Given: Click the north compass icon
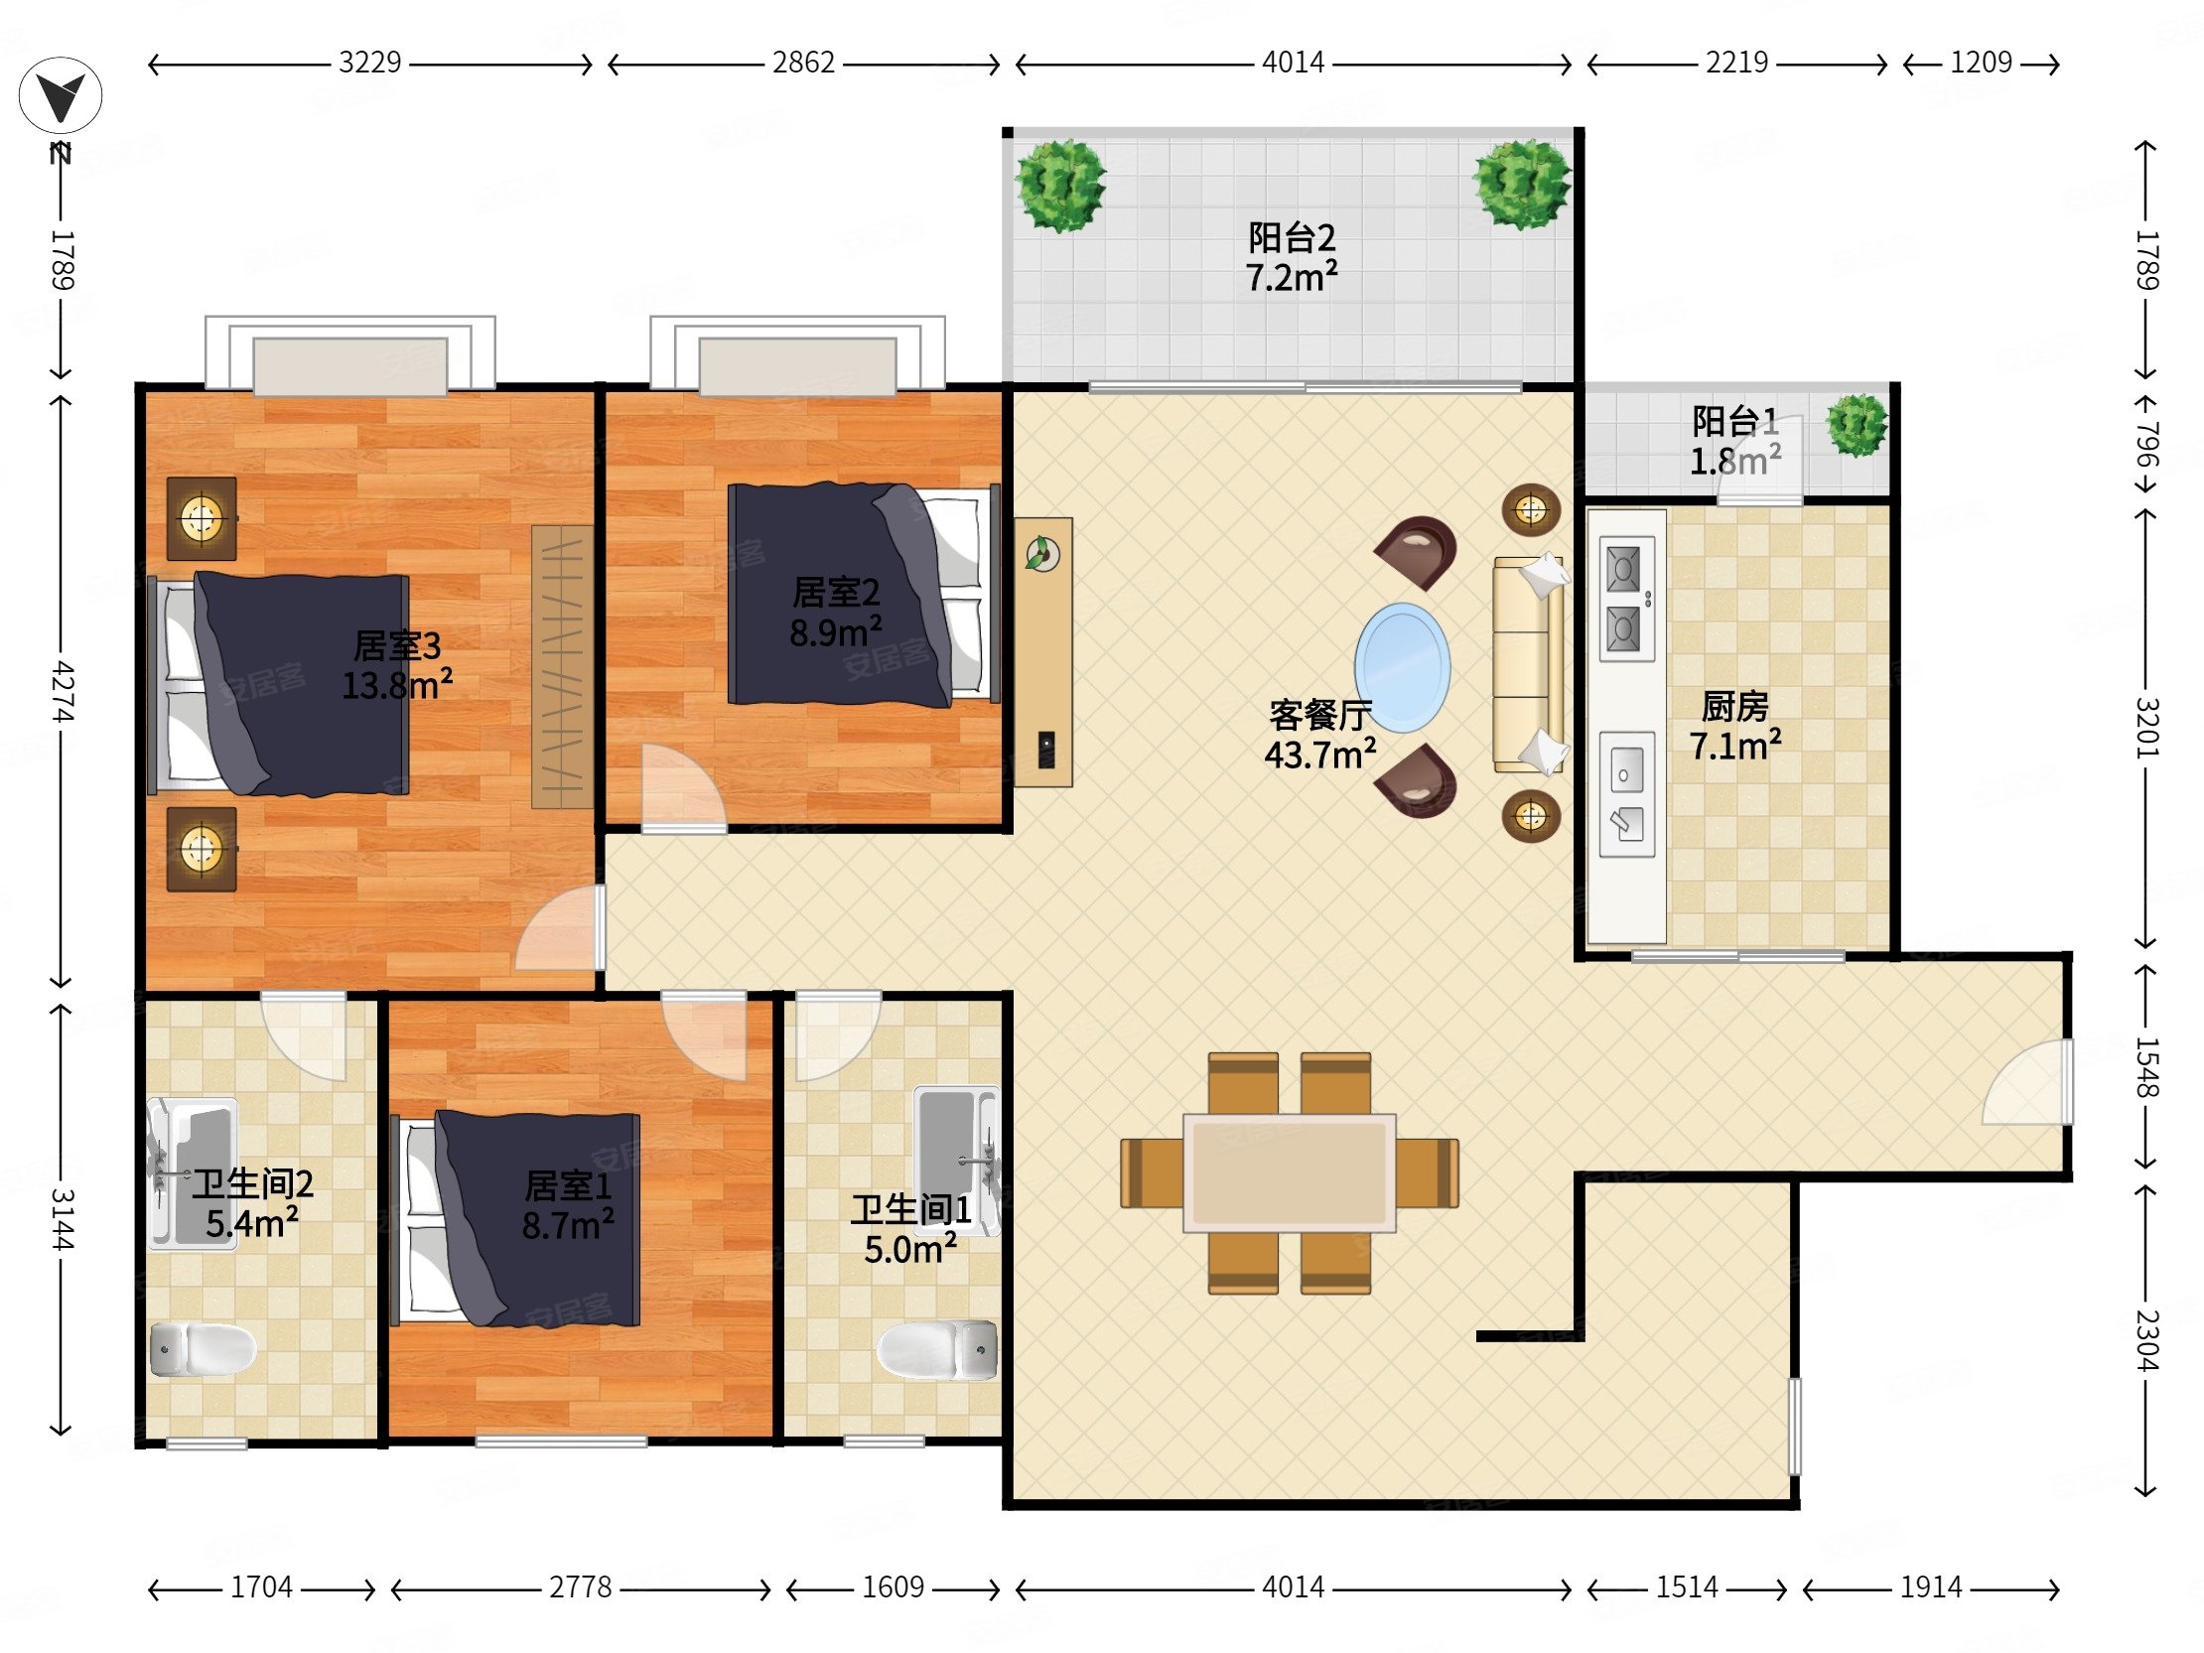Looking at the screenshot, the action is (x=61, y=96).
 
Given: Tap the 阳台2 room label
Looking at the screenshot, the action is (x=1292, y=238).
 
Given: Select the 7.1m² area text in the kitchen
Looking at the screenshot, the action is (x=1734, y=745).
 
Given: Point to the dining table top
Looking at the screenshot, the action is (x=1290, y=1172).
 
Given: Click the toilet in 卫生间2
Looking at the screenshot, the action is (x=204, y=1349).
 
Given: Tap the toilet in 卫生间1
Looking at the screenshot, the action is (x=936, y=1350).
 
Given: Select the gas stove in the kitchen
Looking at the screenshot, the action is (x=1627, y=599).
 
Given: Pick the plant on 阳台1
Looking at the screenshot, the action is (x=1858, y=426).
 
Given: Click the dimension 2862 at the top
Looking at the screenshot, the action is (x=803, y=63).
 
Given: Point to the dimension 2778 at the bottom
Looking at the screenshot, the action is (x=580, y=1586).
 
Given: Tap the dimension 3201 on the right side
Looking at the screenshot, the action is (x=2146, y=728).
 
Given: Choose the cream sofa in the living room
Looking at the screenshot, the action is (x=1529, y=664).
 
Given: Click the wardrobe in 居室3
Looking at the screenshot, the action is (x=562, y=666).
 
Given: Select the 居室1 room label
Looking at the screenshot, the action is (x=568, y=1185).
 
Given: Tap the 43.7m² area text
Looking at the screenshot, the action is (x=1320, y=755).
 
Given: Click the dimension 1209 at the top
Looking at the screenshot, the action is (x=1981, y=63).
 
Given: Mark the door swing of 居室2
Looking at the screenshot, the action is (x=683, y=787).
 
